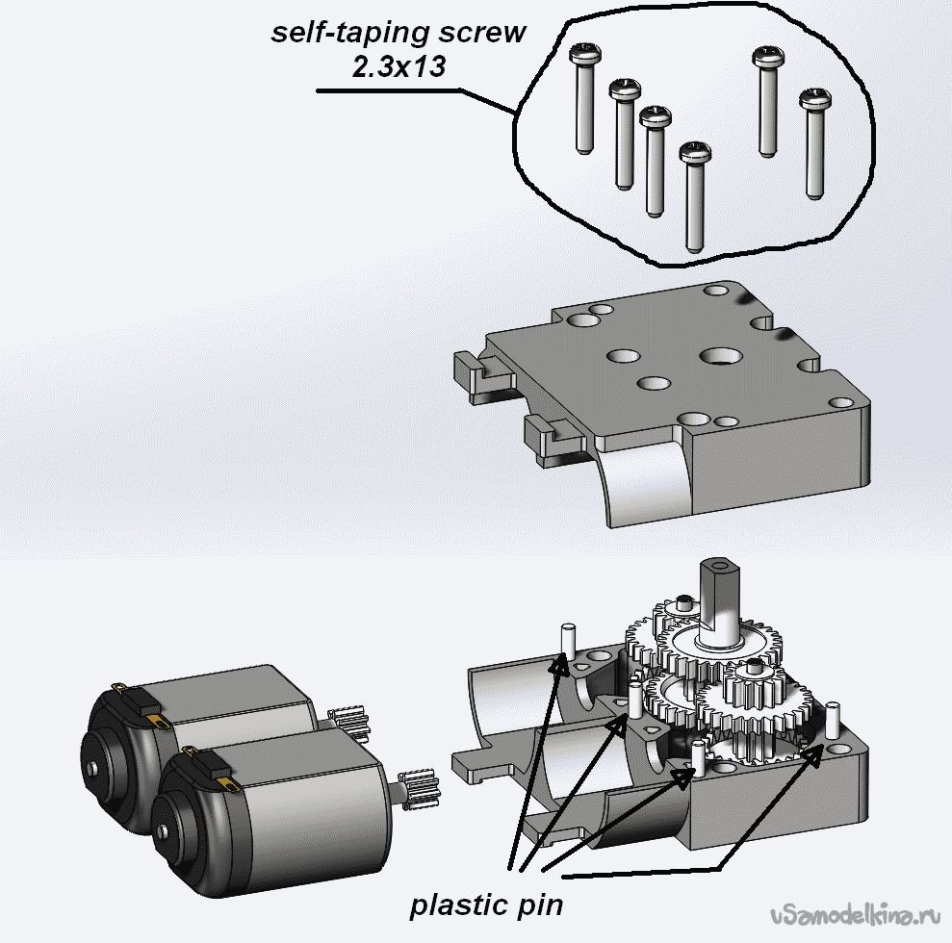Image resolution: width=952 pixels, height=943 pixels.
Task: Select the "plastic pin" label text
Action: tap(486, 905)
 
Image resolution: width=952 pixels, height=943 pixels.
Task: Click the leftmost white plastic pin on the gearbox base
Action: tap(568, 640)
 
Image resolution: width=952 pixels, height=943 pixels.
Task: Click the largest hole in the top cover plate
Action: tap(719, 358)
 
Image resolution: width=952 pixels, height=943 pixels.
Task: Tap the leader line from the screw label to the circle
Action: tap(414, 92)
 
